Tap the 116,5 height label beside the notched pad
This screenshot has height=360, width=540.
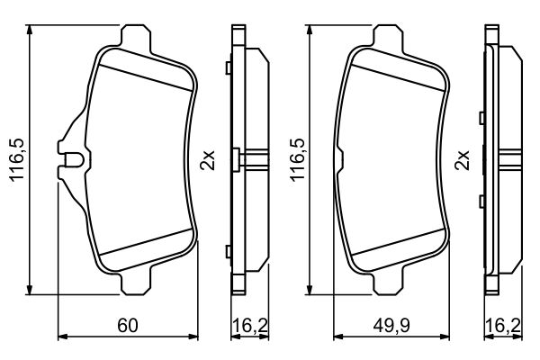pyautogui.click(x=15, y=158)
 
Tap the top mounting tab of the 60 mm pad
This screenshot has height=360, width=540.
pyautogui.click(x=134, y=36)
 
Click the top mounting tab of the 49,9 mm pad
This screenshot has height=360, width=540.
pyautogui.click(x=391, y=36)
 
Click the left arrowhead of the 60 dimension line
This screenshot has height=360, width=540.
pyautogui.click(x=61, y=337)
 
